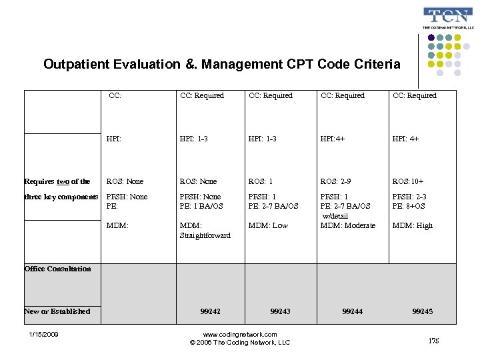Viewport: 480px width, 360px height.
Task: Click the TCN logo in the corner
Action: click(448, 18)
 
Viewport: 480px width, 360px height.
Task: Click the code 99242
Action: click(210, 311)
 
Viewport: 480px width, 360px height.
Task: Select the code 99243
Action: click(281, 311)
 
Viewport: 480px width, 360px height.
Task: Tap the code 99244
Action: click(353, 311)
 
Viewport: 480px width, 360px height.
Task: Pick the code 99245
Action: click(423, 311)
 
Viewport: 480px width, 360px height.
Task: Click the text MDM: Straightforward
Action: click(205, 231)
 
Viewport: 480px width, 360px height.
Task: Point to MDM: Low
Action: click(268, 225)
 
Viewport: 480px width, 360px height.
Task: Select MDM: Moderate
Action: click(348, 225)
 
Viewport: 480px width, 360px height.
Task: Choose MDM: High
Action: click(413, 225)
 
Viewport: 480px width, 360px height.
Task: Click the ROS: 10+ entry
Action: click(408, 181)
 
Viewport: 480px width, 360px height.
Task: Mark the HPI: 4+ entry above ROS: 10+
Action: click(405, 139)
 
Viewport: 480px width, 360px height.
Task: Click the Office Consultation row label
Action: click(57, 269)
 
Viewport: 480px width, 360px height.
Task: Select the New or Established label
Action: click(57, 311)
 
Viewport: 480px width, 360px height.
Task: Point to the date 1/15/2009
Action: click(43, 334)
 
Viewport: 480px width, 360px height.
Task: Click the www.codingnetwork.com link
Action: click(240, 334)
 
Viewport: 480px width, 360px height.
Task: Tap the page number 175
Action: click(434, 341)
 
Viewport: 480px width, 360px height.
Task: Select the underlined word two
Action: click(63, 181)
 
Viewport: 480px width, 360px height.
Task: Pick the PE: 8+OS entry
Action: click(409, 206)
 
